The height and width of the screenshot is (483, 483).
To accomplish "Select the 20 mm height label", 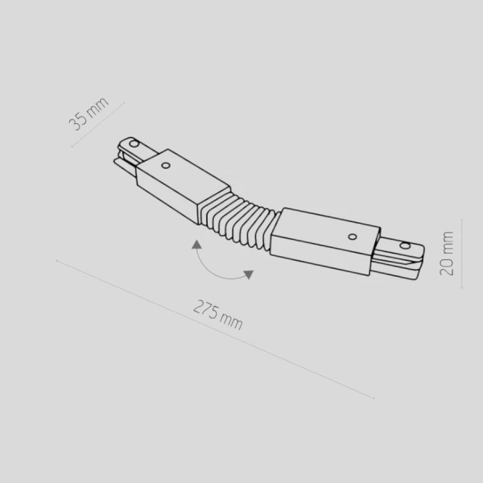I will pyautogui.click(x=448, y=254).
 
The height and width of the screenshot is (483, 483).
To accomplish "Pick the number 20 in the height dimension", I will pyautogui.click(x=448, y=266).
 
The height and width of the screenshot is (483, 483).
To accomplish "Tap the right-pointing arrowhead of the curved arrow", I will pyautogui.click(x=248, y=275).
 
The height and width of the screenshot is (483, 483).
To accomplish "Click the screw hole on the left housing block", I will pyautogui.click(x=165, y=165).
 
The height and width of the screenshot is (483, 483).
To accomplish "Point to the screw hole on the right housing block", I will pyautogui.click(x=351, y=236).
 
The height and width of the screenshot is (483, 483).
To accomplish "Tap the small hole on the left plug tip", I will pyautogui.click(x=132, y=142).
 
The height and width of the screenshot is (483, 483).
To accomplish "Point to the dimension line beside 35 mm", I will pyautogui.click(x=98, y=124).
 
